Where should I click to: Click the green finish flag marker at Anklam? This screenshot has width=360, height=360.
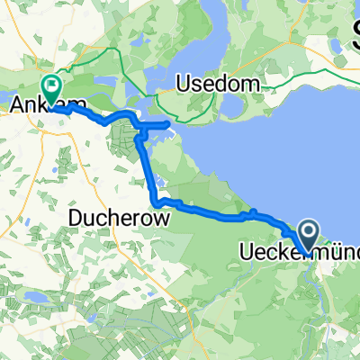pos(51,88)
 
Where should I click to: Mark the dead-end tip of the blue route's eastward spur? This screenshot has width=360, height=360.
pos(170,123)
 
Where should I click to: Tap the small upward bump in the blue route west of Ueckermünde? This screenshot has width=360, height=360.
pos(255,211)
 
